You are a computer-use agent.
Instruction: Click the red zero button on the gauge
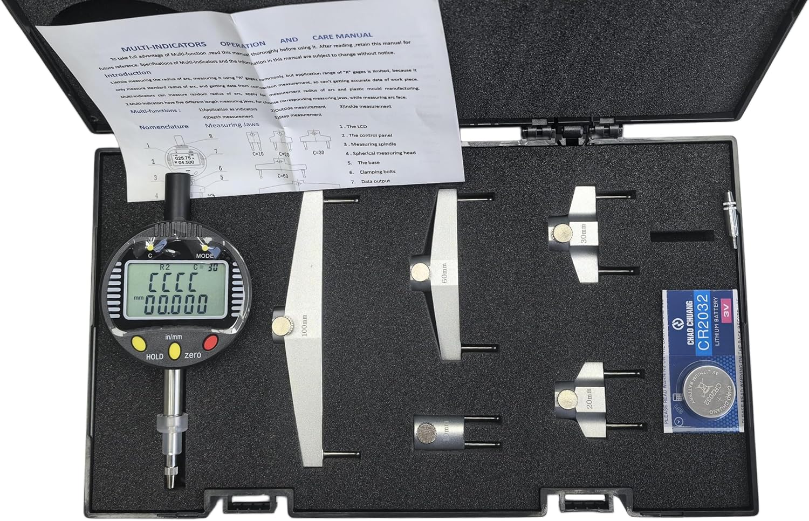point(210,342)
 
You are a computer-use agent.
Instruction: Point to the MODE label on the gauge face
point(204,256)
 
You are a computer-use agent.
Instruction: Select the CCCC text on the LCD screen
point(173,281)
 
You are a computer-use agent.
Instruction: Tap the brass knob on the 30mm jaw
point(563,233)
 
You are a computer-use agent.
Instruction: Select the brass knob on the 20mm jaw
point(567,399)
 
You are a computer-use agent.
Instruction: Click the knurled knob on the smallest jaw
point(427,433)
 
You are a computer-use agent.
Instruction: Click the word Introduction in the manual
point(128,73)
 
